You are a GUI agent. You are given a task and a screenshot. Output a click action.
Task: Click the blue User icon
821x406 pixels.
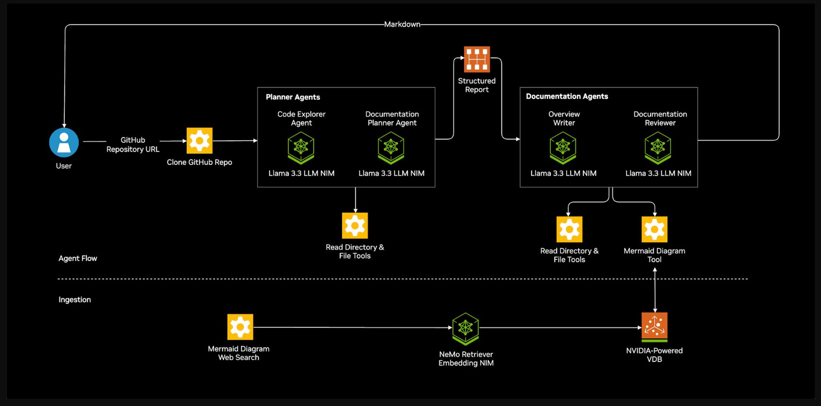pos(64,142)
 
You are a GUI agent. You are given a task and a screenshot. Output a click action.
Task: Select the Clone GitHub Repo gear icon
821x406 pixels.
pos(200,140)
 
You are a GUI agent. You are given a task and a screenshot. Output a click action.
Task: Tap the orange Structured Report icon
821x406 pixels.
pos(477,59)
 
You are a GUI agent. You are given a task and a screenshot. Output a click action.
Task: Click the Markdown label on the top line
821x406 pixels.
pos(402,24)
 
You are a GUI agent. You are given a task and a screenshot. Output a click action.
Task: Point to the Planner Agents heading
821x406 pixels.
pos(293,97)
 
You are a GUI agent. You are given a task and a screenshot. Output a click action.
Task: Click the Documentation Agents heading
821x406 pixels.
pos(567,96)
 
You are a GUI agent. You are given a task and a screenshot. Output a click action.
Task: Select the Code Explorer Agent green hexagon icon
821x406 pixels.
pos(301,148)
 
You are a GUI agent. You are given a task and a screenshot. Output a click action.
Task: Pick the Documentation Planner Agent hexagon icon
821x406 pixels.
pos(391,148)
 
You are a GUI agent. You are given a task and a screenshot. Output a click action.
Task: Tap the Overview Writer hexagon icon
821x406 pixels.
pos(563,148)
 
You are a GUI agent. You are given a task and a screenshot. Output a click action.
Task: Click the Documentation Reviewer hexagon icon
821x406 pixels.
pos(658,148)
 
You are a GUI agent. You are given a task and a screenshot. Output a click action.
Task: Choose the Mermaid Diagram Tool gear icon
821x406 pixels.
pos(654,229)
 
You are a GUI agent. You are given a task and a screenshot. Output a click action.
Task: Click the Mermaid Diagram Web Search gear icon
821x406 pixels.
pos(240,327)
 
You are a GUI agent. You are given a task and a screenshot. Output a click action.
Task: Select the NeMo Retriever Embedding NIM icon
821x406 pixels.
pos(465,329)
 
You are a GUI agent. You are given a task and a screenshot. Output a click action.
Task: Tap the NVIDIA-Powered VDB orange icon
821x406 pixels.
pos(654,327)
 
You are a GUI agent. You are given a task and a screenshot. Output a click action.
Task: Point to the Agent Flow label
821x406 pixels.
pos(78,258)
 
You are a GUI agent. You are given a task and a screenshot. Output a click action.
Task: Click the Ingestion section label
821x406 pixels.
pos(75,300)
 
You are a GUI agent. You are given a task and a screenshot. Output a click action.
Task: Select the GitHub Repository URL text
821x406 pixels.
pos(133,145)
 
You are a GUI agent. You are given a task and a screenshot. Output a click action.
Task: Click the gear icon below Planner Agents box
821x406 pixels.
pos(355,225)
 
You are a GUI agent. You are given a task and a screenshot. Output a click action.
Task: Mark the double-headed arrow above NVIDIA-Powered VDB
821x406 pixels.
pos(655,290)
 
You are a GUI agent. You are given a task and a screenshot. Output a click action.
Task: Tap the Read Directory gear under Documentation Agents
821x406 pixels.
pos(569,229)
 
